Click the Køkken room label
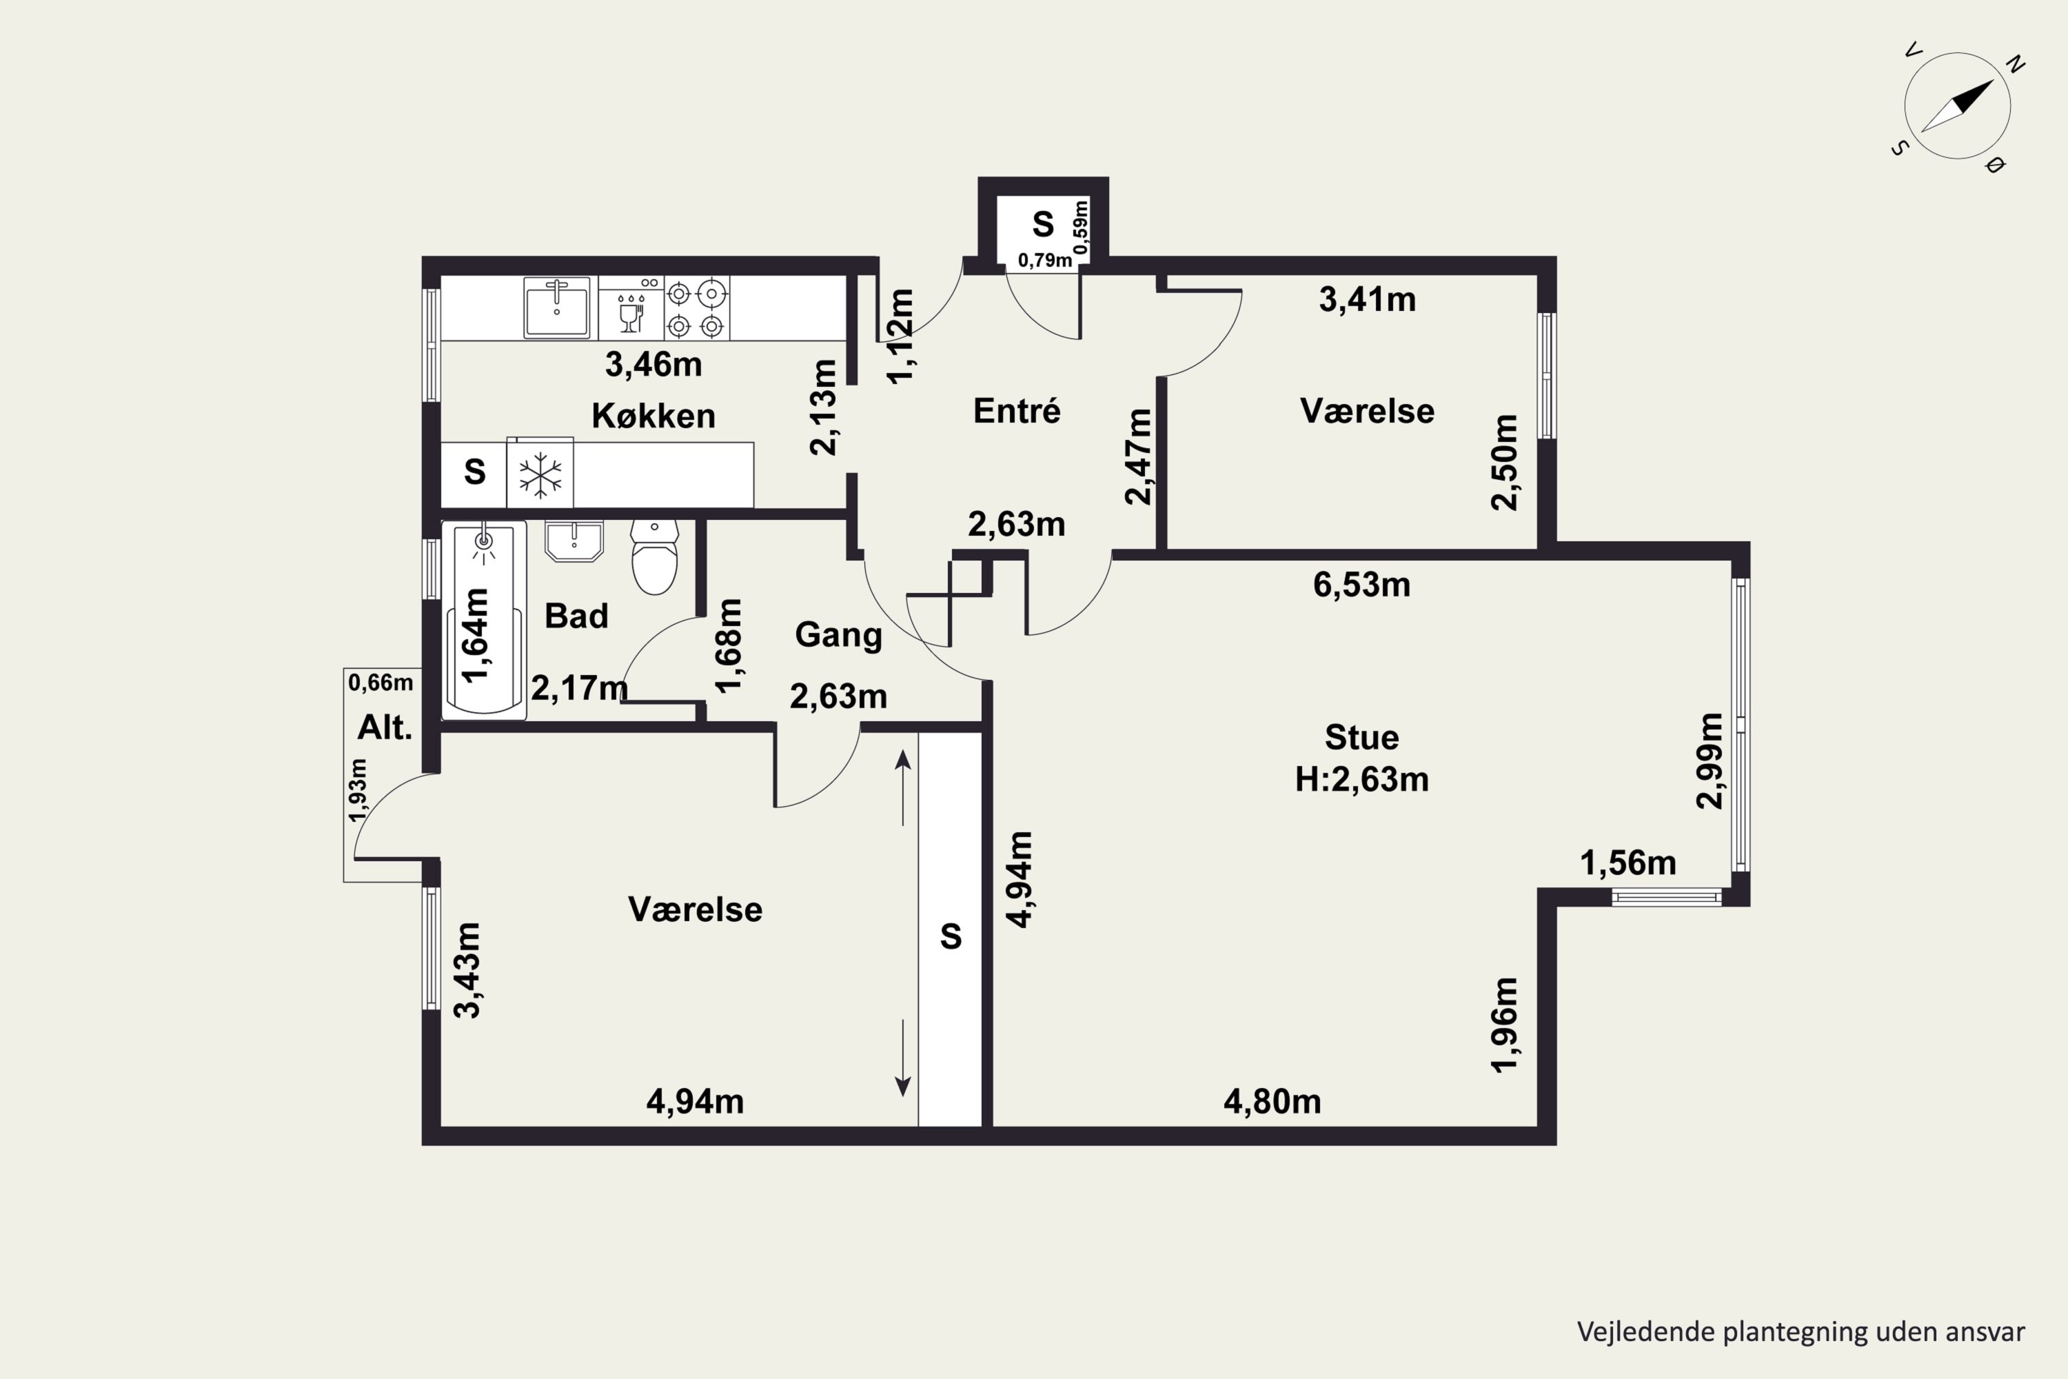[x=653, y=416]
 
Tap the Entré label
[x=1017, y=411]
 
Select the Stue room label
[x=1362, y=737]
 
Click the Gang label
[x=839, y=635]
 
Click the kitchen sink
[x=556, y=307]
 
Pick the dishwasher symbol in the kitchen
[x=631, y=308]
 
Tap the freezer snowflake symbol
[x=540, y=475]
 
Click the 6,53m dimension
[x=1362, y=585]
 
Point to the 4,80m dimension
[x=1273, y=1101]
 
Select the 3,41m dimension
[x=1367, y=300]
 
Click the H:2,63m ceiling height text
[x=1362, y=779]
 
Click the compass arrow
[x=1956, y=106]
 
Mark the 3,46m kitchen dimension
[x=653, y=364]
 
